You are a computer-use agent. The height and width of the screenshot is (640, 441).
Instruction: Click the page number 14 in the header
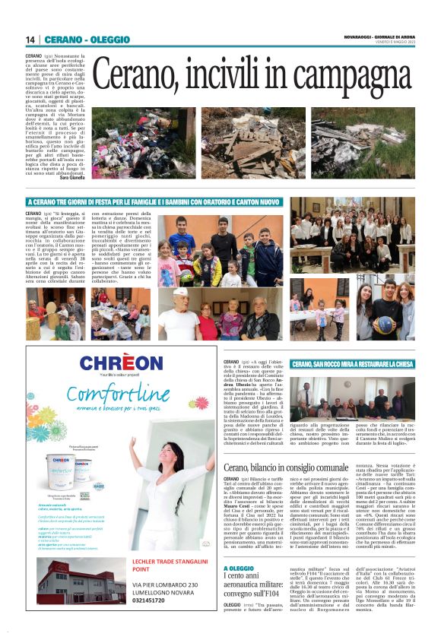click(30, 40)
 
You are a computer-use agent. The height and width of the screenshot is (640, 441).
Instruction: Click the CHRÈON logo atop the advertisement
click(121, 364)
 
